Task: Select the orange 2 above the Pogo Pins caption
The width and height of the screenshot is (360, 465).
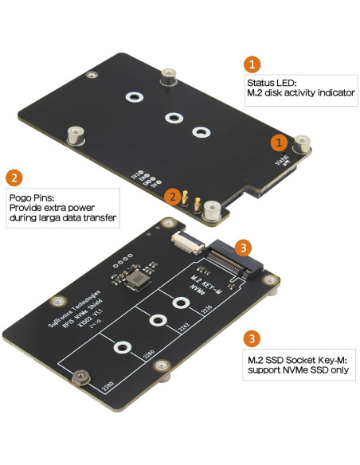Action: click(x=14, y=178)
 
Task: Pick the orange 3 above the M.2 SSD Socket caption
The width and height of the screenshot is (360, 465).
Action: click(x=252, y=338)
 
